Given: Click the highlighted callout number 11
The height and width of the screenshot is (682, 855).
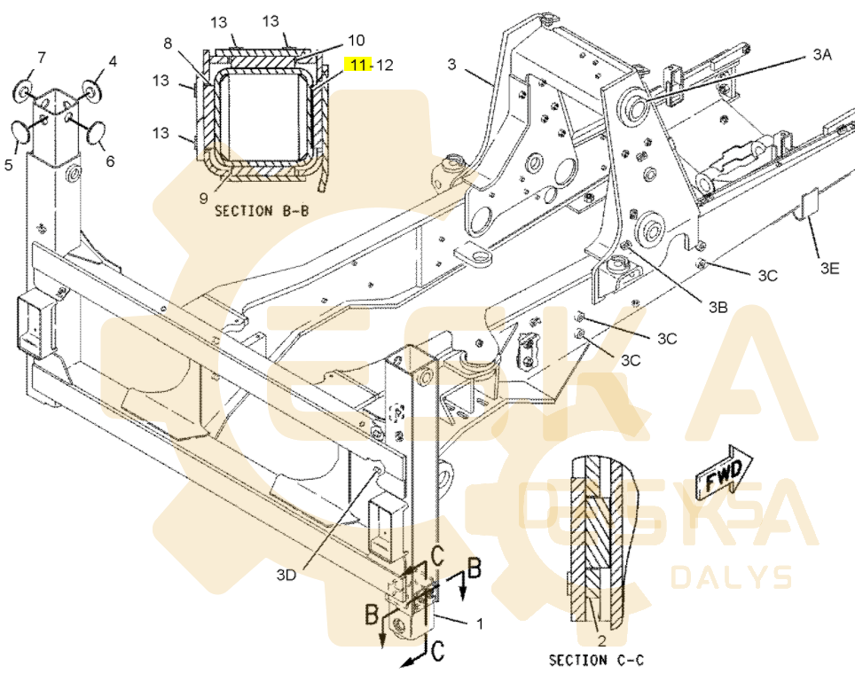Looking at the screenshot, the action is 358,65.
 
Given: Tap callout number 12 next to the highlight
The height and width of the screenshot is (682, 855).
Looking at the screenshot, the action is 384,65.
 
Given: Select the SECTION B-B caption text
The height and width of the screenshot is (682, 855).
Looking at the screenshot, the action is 262,211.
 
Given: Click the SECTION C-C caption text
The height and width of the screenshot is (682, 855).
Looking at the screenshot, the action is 596,660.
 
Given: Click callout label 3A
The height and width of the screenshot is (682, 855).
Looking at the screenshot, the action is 822,54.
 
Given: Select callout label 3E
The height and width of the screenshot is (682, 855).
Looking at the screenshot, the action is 829,268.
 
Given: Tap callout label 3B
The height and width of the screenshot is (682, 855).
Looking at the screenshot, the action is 718,307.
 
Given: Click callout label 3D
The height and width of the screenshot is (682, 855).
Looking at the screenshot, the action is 286,575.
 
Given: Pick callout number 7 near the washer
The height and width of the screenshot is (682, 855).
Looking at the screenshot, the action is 42,57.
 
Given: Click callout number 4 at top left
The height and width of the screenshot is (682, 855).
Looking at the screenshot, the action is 113,60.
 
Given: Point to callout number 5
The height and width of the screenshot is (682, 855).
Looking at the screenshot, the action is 8,164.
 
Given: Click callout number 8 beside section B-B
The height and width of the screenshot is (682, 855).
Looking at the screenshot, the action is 168,43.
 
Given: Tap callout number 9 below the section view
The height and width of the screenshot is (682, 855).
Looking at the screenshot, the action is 203,198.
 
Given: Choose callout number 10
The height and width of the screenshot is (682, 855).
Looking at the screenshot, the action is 356,40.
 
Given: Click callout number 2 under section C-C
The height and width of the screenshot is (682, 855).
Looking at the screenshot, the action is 601,640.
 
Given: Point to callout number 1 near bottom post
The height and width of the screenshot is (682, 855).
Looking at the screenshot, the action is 480,623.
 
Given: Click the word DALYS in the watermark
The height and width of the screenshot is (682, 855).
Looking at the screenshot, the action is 732,577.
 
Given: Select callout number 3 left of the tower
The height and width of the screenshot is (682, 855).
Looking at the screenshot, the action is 451,65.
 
